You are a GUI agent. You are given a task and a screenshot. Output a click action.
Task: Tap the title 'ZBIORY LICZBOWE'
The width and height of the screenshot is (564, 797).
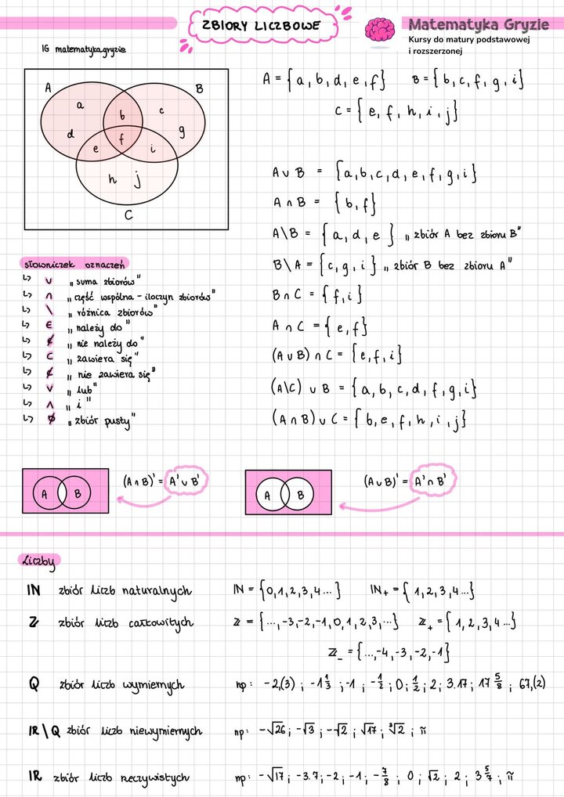[261, 26]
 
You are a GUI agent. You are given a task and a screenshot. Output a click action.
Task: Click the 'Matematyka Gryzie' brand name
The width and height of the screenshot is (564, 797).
[478, 24]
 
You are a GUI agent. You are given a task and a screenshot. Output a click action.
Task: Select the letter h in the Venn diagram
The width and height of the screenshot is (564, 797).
[112, 179]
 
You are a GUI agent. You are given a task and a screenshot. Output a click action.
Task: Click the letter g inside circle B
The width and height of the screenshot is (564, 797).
[182, 132]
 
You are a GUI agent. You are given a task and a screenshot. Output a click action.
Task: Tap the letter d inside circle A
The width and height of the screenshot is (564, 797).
[70, 134]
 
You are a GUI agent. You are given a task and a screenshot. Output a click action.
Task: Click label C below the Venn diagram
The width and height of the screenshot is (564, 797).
[128, 214]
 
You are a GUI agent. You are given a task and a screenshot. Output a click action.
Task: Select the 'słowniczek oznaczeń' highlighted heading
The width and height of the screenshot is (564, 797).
[75, 264]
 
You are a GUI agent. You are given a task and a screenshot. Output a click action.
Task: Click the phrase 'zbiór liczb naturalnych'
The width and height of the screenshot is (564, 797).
[125, 591]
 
